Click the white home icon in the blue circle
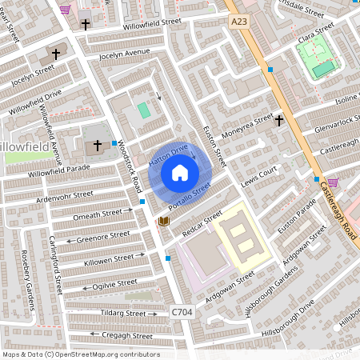pyautogui.click(x=180, y=172)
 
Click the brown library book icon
pyautogui.click(x=164, y=220)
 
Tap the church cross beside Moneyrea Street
pyautogui.click(x=279, y=121)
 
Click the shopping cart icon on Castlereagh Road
pyautogui.click(x=333, y=182)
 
